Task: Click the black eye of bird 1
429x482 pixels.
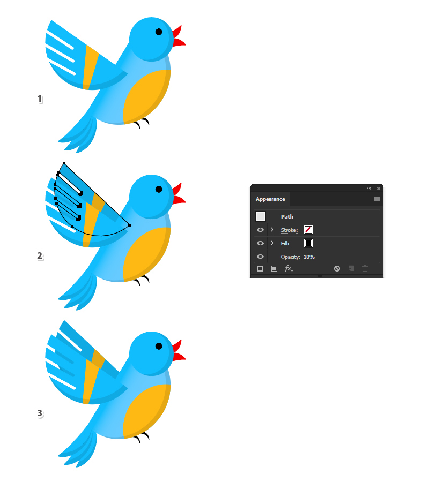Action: [159, 32]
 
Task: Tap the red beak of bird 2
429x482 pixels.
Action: [179, 194]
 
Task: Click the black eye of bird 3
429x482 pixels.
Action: [159, 346]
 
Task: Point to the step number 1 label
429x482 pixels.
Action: [40, 99]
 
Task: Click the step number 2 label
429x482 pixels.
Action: [40, 256]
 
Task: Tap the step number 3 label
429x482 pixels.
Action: [40, 413]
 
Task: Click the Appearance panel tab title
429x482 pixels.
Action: [270, 199]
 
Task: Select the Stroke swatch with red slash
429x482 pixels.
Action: [308, 230]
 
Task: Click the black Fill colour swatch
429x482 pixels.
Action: [308, 243]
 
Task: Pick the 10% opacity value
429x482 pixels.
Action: [309, 257]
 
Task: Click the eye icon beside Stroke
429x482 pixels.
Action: [261, 230]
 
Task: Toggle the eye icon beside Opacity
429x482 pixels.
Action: [261, 257]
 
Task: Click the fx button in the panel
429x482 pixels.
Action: [289, 268]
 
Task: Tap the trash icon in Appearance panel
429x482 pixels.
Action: [365, 268]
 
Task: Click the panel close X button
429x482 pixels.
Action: [379, 189]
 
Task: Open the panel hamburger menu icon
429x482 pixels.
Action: [376, 199]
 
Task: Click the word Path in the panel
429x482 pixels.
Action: [287, 216]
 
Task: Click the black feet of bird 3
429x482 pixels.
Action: [142, 437]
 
